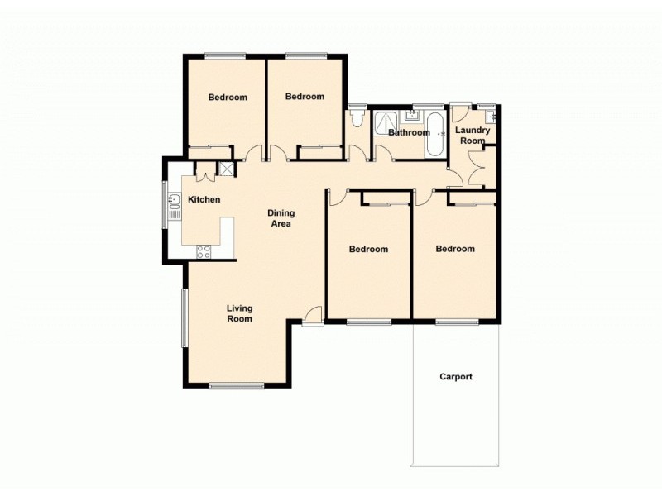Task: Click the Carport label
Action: click(456, 377)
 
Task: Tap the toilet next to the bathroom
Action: click(356, 121)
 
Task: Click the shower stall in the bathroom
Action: click(384, 125)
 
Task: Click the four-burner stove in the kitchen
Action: click(203, 252)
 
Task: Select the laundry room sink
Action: click(490, 116)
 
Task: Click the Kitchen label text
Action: click(204, 200)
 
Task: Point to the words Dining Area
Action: click(281, 218)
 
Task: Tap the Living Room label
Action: click(240, 313)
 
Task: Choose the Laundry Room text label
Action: click(473, 136)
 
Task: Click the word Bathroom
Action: click(409, 133)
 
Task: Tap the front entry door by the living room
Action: click(313, 317)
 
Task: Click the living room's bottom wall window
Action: click(237, 385)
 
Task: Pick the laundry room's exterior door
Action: click(461, 105)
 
